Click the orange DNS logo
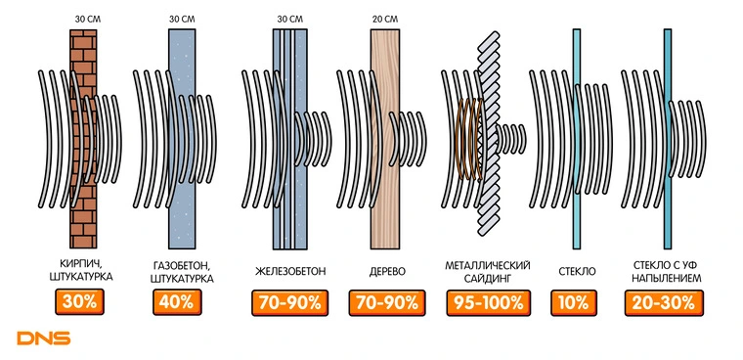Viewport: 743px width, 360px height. tap(44, 338)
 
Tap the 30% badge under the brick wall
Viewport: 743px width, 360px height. tap(79, 302)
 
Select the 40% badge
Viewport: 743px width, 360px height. tap(177, 302)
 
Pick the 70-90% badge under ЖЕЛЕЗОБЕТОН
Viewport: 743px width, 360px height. tap(290, 303)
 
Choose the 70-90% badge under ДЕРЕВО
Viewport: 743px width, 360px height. tap(387, 303)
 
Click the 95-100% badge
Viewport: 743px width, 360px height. tap(488, 303)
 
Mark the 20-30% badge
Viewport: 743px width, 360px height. tap(663, 303)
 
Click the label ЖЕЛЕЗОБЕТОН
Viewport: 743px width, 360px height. tap(290, 272)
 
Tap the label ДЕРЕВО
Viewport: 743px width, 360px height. tap(387, 272)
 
